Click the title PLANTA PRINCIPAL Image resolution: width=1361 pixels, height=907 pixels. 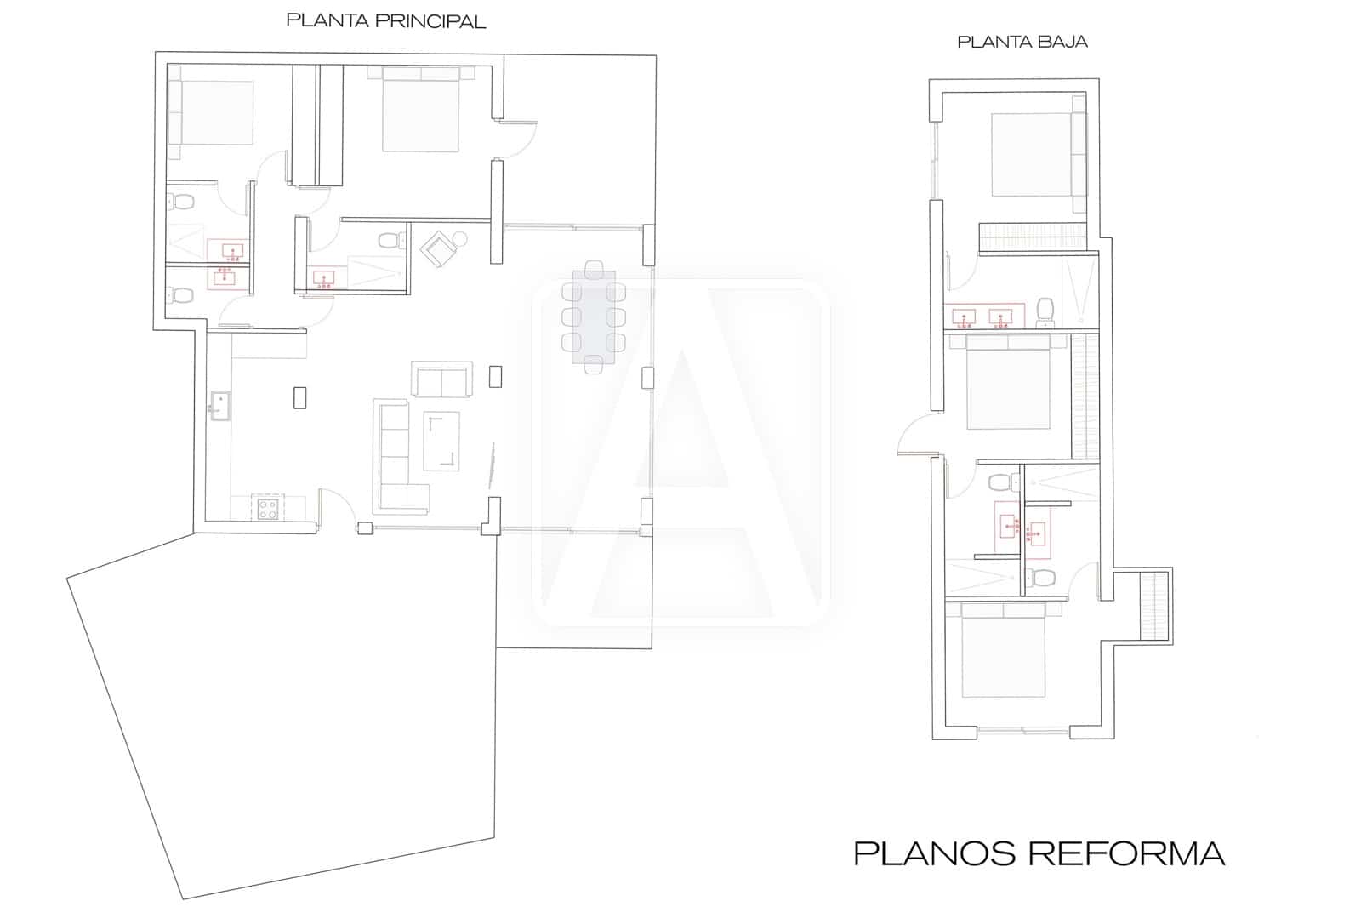coord(385,21)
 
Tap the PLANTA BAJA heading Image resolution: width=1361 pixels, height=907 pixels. coord(1022,42)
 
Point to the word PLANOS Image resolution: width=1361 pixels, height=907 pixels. coord(926,853)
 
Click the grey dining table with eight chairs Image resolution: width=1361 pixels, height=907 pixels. coord(594,320)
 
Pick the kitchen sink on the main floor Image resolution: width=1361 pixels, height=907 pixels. coord(220,406)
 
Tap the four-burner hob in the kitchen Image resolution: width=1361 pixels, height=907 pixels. coord(268,509)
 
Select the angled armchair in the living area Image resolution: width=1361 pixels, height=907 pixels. coord(439,248)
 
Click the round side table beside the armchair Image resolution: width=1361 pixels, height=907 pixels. coord(461,239)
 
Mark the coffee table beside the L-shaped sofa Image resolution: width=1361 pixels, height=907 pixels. coord(442,441)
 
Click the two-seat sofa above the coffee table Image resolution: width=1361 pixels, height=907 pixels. coord(441,379)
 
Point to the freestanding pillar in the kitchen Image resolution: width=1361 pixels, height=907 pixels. coord(299,397)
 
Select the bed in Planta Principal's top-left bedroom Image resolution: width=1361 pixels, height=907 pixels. coord(214,112)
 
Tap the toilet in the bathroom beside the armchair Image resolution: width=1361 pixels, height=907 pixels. coord(390,240)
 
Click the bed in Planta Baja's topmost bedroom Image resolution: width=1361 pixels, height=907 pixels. coord(1032,154)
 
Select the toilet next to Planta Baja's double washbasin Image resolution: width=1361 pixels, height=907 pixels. coord(1045,311)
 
